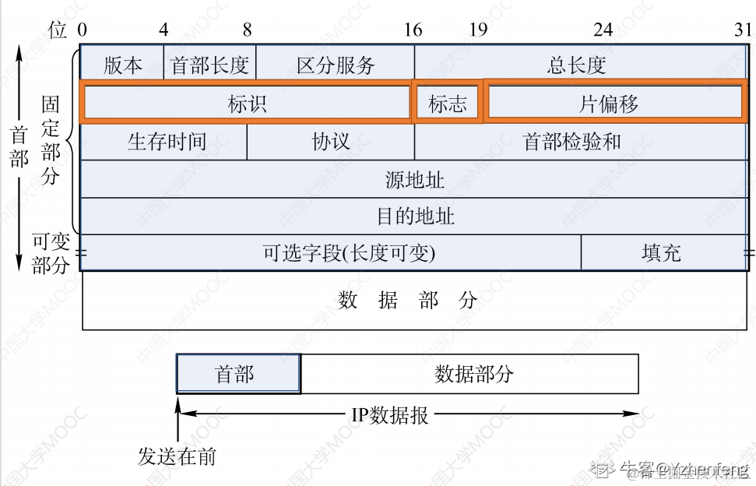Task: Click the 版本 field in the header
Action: coord(122,65)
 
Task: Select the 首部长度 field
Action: coord(209,65)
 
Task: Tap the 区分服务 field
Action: coord(336,65)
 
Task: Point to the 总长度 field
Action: coord(577,65)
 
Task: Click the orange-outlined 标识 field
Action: coord(246,104)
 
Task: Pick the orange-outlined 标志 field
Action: coord(447,104)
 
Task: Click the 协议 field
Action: coord(331,141)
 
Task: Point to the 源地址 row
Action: coord(414,179)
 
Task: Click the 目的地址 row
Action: coord(414,216)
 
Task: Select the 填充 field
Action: coord(661,252)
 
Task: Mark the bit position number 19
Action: coord(478,30)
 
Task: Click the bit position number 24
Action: coord(603,30)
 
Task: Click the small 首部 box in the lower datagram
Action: coord(237,374)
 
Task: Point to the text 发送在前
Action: coord(177,456)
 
